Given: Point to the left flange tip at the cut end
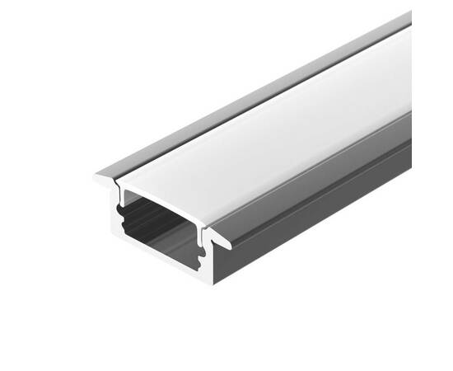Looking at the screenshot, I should pos(98,174).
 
